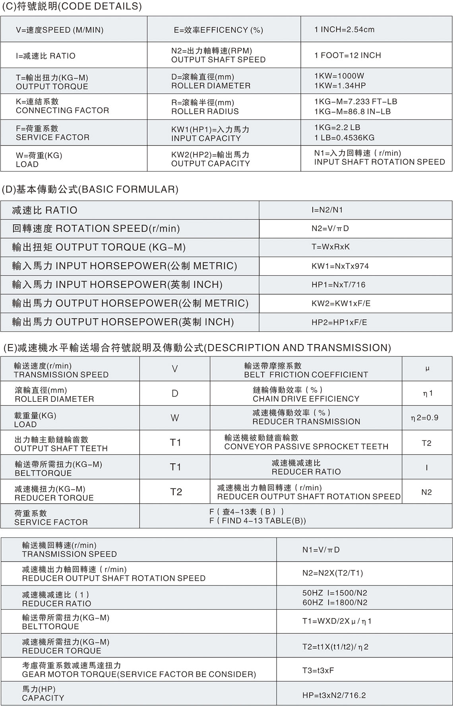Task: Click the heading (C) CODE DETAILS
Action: tap(72, 7)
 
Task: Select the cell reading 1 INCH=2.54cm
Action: tap(344, 29)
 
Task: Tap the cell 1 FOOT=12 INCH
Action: tap(347, 55)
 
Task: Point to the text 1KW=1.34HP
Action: tap(340, 86)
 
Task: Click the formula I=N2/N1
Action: tap(327, 210)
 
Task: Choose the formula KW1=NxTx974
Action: tap(340, 266)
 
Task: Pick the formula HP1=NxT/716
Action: tap(338, 285)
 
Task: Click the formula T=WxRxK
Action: tap(330, 247)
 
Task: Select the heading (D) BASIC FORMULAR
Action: tap(90, 189)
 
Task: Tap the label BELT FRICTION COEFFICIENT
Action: tap(306, 375)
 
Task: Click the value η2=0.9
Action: tap(424, 418)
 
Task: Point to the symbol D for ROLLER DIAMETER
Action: tap(175, 394)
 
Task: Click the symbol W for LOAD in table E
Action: tap(175, 418)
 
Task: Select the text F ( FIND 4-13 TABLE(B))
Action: tap(257, 521)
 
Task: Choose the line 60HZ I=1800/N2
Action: tap(335, 603)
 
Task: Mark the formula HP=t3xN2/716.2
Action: tap(334, 695)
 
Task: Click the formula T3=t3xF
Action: tap(318, 671)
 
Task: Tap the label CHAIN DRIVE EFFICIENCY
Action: tap(306, 399)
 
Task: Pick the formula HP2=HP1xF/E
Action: tap(339, 322)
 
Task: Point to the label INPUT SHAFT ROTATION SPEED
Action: tap(379, 162)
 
